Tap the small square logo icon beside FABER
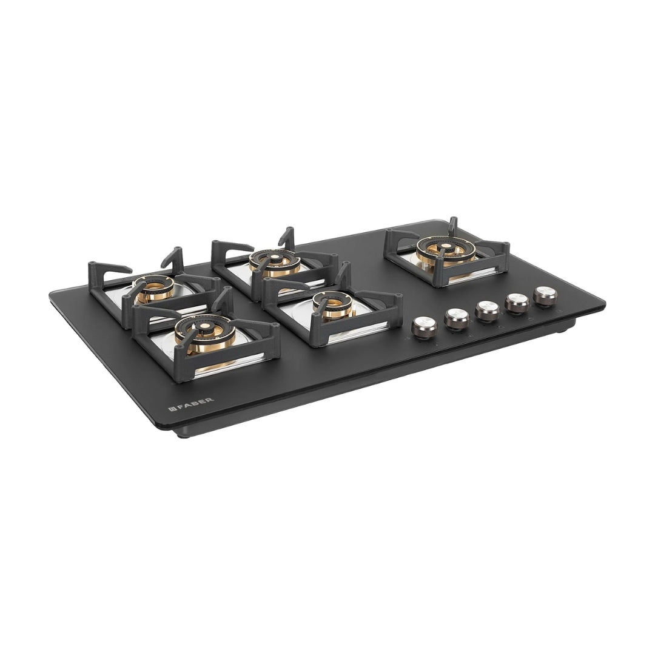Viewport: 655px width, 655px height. click(x=170, y=408)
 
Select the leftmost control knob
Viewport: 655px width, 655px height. click(x=424, y=326)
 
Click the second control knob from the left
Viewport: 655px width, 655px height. click(x=457, y=318)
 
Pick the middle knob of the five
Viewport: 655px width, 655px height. click(x=488, y=311)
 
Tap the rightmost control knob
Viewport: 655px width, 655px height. click(x=545, y=296)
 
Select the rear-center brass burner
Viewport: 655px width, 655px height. click(x=275, y=263)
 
